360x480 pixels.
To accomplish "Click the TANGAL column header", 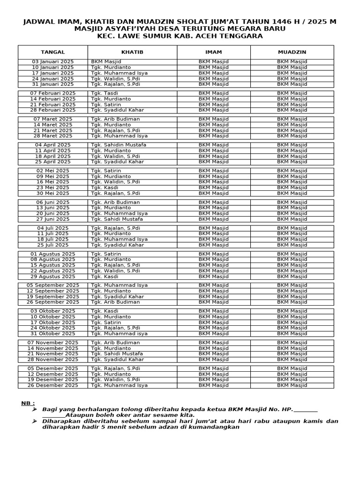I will tap(52, 52).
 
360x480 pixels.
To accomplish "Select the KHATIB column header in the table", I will tap(132, 52).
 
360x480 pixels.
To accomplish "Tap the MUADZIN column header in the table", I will tap(292, 52).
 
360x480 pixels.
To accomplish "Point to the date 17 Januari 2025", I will tap(52, 73).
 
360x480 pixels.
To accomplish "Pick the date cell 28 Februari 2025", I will tap(52, 110).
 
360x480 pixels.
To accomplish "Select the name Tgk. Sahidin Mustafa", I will tap(119, 145).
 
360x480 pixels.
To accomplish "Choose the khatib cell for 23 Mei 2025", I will tap(105, 187).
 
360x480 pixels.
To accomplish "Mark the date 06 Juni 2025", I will tap(52, 202).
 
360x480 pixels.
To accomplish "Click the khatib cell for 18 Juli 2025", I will tap(119, 239).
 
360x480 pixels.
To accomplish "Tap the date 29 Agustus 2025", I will tap(52, 277).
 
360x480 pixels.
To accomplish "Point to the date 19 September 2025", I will tap(52, 297).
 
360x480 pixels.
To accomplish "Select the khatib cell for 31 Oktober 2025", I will tap(119, 334).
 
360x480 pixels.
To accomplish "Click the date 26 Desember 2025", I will tap(52, 385).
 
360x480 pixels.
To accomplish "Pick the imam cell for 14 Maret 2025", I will tap(214, 125).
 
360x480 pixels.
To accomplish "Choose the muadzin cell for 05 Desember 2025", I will tap(292, 368).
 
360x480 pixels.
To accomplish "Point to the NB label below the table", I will tap(28, 403).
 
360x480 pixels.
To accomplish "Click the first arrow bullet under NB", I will tap(35, 409).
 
